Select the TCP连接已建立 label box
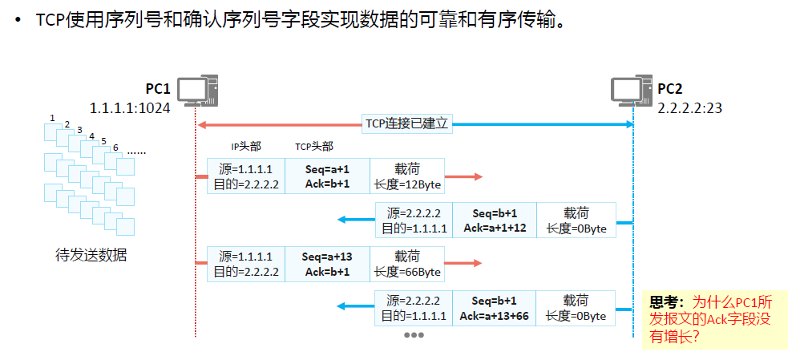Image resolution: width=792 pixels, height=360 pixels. point(408,123)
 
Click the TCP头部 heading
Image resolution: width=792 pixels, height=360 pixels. point(314,146)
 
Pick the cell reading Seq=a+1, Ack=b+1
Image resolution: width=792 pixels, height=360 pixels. point(327,176)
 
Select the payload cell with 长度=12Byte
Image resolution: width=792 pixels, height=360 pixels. point(406,176)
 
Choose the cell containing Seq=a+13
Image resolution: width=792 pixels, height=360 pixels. point(327,265)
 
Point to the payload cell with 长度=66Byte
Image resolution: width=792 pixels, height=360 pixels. point(406,265)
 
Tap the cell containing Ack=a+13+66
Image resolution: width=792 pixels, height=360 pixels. point(494,309)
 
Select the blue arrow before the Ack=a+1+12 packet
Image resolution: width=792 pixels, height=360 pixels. point(354,220)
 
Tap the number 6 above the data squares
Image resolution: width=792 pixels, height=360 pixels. point(115,148)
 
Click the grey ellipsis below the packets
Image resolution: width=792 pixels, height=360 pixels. point(413,334)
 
